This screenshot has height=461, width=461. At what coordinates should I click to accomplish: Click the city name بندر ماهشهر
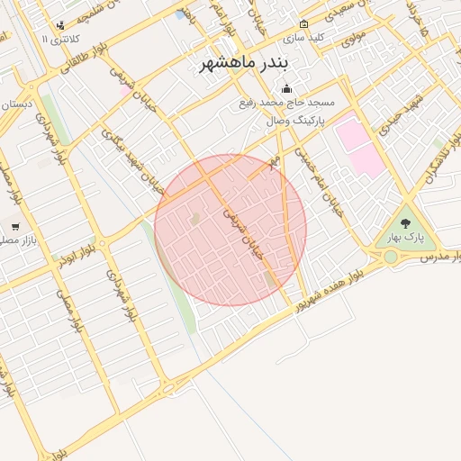tap(240, 63)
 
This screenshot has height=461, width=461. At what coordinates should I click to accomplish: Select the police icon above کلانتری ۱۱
tap(59, 25)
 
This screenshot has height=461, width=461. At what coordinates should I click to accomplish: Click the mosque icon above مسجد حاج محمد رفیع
tap(286, 88)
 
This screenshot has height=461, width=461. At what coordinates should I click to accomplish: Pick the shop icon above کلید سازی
tap(303, 24)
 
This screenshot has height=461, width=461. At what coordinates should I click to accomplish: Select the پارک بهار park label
tap(406, 237)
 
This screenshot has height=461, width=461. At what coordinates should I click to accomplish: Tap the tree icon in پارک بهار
tap(405, 220)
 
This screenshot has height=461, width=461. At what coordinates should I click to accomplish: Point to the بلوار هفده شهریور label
tap(323, 287)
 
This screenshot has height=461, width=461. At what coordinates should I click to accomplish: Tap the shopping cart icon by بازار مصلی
tap(15, 226)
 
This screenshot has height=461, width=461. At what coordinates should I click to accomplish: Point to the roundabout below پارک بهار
tap(391, 258)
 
